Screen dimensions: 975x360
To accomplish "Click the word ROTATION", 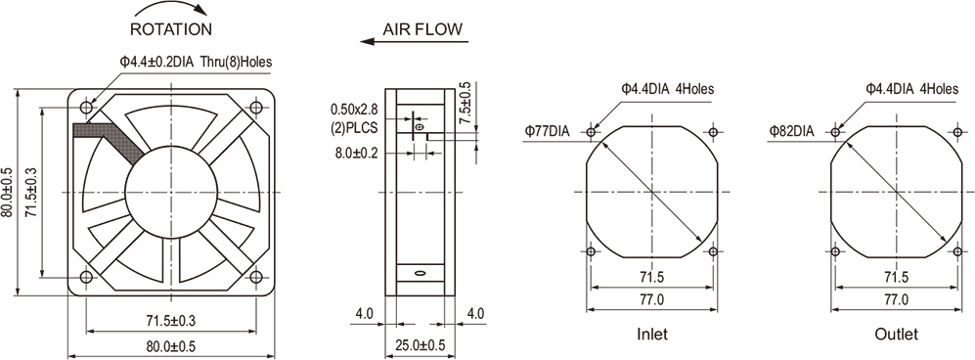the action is coord(171,29).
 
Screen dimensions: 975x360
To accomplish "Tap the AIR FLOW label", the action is coord(422,28).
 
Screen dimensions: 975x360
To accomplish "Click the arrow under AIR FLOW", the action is coord(414,42).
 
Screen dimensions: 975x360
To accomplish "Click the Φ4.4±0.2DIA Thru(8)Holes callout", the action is coord(196,62).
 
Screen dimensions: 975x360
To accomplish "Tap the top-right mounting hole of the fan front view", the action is coord(255,108).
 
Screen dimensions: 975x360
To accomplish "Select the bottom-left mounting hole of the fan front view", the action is coord(86,277).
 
